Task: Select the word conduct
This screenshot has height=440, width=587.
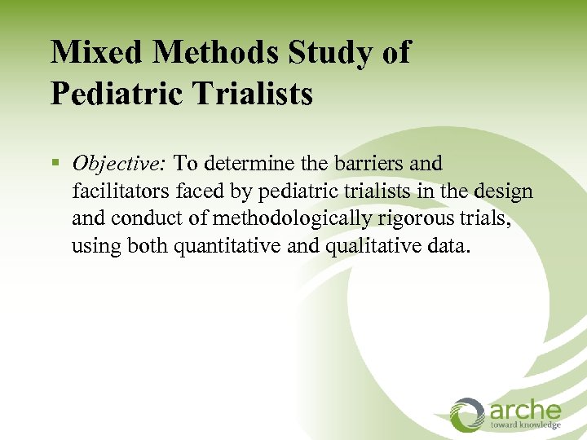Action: click(139, 218)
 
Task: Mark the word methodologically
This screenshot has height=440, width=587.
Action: click(270, 218)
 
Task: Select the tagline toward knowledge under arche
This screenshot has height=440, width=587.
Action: click(525, 425)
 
